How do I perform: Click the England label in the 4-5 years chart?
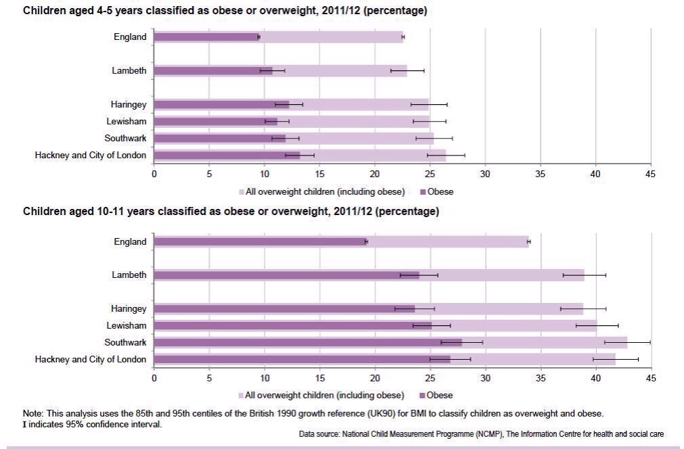[x=130, y=37]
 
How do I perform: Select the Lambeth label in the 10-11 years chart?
[x=129, y=275]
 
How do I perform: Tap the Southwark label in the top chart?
[x=125, y=139]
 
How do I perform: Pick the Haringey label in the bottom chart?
[x=129, y=309]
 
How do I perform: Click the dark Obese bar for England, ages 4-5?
[x=206, y=37]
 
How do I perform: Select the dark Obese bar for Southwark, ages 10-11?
[x=308, y=342]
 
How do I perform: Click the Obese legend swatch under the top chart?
[x=423, y=192]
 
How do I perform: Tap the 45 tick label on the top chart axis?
[x=650, y=174]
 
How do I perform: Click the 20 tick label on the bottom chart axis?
[x=375, y=379]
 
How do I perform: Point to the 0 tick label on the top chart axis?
[x=154, y=174]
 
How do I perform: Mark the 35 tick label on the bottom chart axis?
[x=541, y=379]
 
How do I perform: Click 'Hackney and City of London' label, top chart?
[x=91, y=156]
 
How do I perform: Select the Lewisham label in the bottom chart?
[x=127, y=326]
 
